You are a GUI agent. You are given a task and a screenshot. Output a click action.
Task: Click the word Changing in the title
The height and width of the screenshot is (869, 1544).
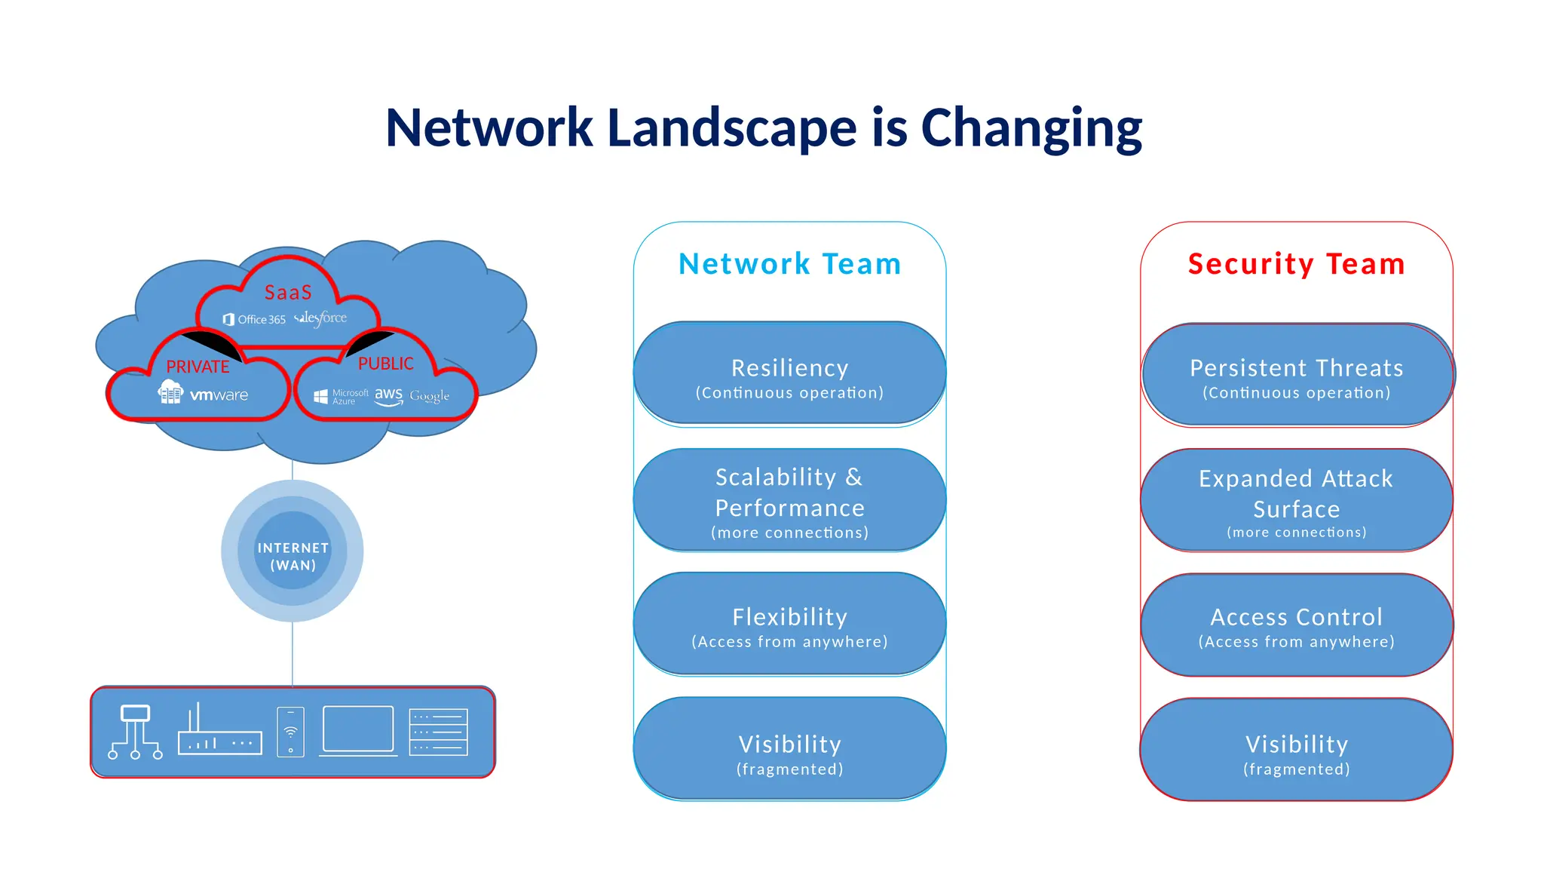[1031, 128]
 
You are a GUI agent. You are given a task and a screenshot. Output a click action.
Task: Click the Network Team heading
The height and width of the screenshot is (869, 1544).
[789, 264]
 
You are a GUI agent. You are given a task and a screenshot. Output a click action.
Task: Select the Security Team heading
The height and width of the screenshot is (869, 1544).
[1296, 264]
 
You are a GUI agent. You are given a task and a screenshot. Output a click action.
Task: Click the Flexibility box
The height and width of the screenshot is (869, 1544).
[789, 625]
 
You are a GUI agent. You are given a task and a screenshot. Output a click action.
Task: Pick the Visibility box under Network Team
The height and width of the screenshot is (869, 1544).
[789, 750]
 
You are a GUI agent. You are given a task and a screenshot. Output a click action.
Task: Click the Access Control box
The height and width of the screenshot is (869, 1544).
[1296, 625]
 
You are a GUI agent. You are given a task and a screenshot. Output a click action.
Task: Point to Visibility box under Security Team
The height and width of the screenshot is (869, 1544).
[1296, 750]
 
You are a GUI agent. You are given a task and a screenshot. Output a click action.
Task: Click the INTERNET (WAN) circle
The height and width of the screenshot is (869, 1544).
[293, 552]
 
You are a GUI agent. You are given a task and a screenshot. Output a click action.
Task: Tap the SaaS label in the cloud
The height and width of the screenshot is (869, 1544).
[288, 293]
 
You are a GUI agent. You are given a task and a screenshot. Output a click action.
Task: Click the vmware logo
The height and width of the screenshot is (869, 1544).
[219, 395]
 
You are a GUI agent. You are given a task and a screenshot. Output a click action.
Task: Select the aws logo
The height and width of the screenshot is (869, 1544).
[388, 395]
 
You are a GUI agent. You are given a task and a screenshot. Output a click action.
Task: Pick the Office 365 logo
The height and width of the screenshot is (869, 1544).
[255, 320]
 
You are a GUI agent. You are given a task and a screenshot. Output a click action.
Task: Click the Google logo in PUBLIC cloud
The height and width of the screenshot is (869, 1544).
[429, 396]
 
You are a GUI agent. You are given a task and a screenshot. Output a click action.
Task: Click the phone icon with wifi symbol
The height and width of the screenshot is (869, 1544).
[290, 731]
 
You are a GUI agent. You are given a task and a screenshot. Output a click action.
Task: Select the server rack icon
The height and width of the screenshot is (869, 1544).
[438, 732]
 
